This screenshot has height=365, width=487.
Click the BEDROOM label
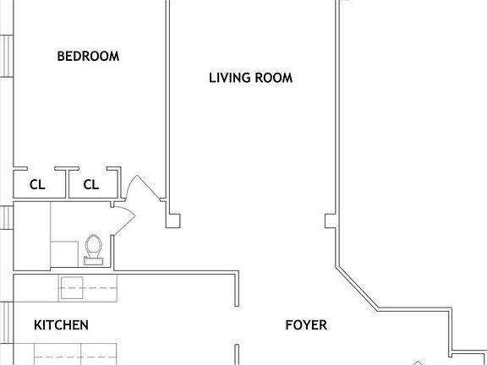[x=88, y=57]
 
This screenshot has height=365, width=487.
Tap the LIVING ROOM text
[x=250, y=78]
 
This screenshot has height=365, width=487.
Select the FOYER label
[x=305, y=325]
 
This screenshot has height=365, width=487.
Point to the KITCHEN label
[x=61, y=325]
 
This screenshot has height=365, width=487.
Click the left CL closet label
[x=37, y=184]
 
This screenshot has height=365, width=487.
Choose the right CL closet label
[x=90, y=184]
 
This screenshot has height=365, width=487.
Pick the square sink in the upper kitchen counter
[x=71, y=287]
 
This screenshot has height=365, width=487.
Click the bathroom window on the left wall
[x=6, y=217]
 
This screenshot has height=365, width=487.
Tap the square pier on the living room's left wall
[x=173, y=221]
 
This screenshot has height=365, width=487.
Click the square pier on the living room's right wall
[x=331, y=221]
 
